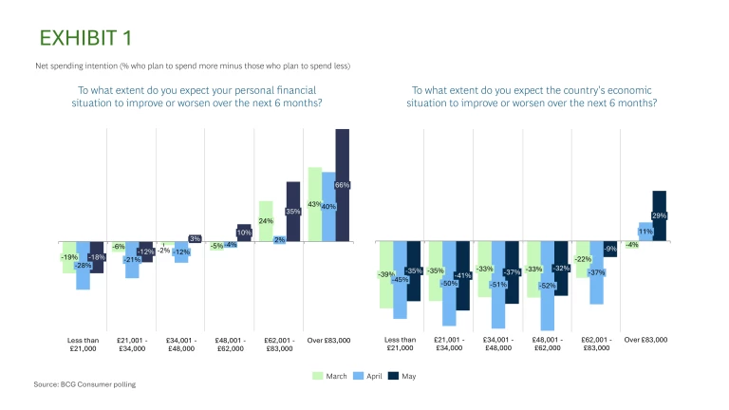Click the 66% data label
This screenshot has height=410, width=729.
(343, 184)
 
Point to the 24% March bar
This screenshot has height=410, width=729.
(266, 221)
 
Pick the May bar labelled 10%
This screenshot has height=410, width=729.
(244, 233)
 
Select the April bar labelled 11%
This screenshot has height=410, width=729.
(645, 232)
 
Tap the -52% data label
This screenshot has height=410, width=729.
(547, 286)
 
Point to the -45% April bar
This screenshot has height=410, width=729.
(400, 280)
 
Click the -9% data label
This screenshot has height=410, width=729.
(610, 249)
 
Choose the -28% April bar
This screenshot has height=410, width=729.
(84, 266)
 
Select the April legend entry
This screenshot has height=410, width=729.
(371, 376)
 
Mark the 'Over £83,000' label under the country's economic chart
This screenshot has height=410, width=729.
(645, 340)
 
